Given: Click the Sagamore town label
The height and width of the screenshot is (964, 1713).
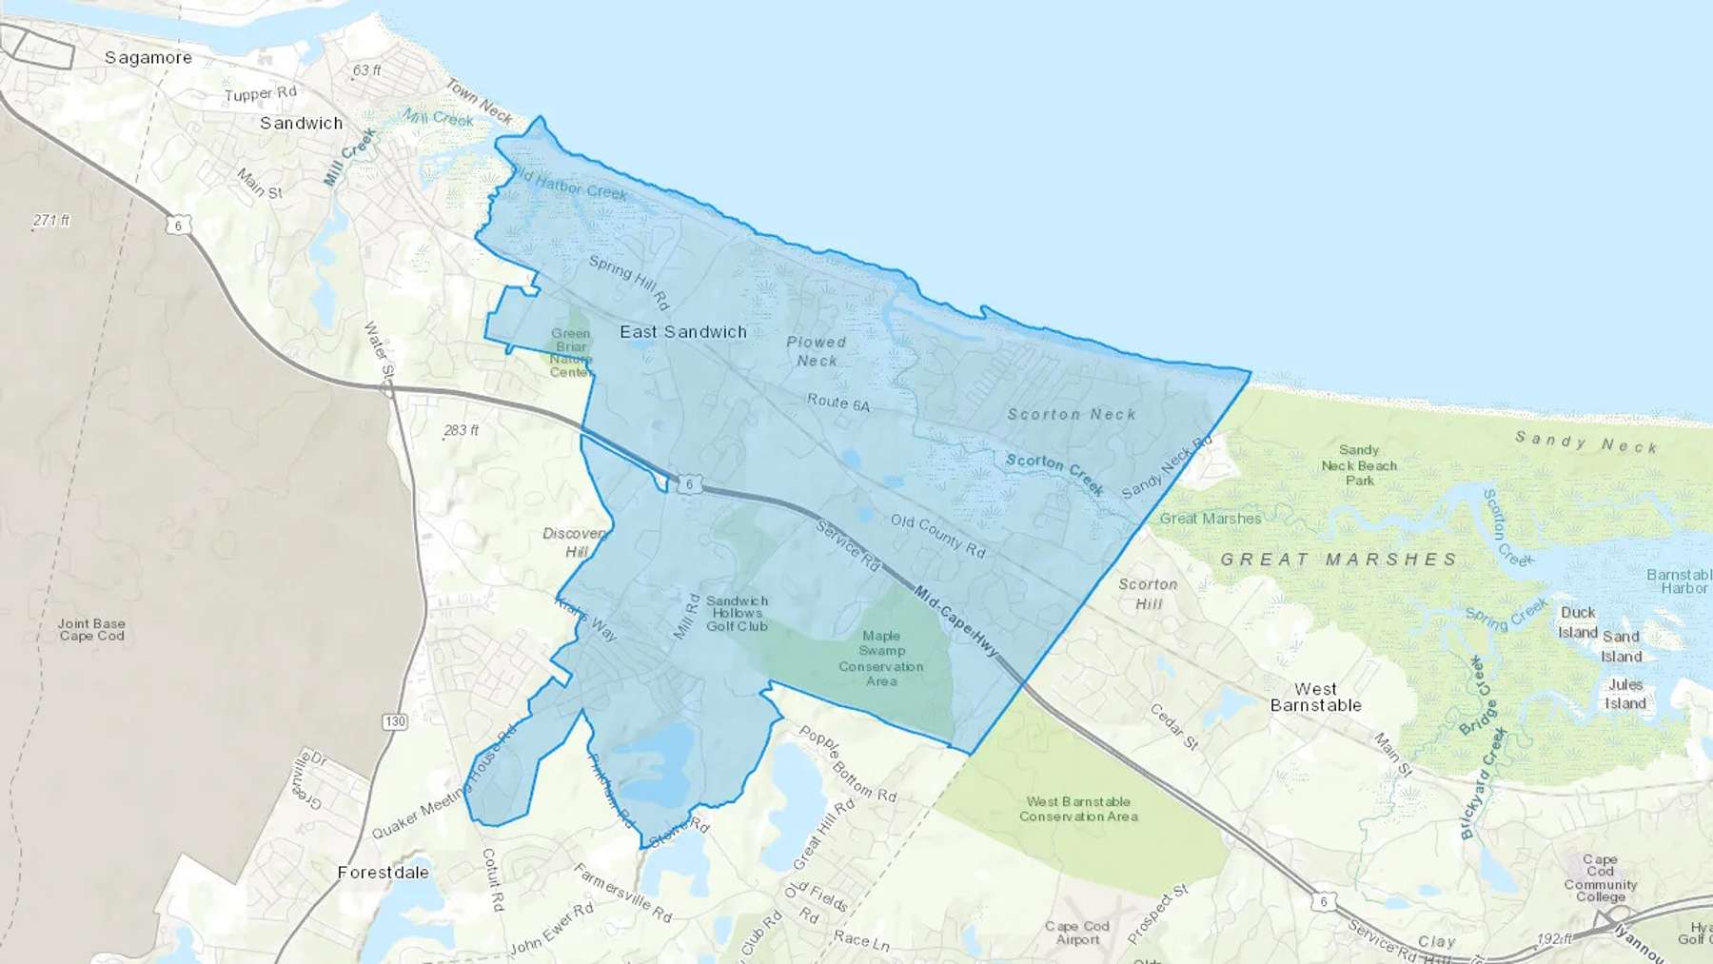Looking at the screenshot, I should (x=148, y=58).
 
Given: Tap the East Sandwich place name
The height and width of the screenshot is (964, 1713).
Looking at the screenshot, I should (x=683, y=332).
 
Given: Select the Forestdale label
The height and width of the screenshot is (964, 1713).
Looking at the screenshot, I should (x=383, y=873).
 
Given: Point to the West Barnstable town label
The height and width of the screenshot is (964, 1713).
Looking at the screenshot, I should (x=1315, y=697).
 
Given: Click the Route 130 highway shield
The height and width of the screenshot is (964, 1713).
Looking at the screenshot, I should (x=395, y=721).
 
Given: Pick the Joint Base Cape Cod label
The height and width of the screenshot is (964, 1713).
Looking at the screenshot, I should (x=91, y=630).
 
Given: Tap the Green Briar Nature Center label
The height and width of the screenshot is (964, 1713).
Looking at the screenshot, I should (x=571, y=352).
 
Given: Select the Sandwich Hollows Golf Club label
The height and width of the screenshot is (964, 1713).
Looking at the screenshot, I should (x=737, y=614).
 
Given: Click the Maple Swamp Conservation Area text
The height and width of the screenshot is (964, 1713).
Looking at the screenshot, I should (x=881, y=659).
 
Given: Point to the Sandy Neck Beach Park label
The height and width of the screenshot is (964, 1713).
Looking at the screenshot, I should (x=1359, y=465).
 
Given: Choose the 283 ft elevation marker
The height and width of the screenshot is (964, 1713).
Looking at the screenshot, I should (x=461, y=430).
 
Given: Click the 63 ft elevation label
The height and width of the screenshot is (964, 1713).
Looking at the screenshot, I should (x=366, y=70).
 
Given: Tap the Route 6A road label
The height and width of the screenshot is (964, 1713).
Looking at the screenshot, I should (x=838, y=403).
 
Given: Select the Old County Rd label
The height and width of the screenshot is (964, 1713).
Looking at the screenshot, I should (x=937, y=535).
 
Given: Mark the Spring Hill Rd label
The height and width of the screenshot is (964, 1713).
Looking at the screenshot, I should (x=629, y=282).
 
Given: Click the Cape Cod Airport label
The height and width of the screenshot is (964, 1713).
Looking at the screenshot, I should (x=1077, y=933).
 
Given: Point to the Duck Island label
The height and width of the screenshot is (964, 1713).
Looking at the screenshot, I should (x=1578, y=622).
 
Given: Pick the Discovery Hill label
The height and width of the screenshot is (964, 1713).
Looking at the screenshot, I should (x=576, y=542).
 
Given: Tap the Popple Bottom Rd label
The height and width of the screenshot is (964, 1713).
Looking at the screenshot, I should (x=847, y=762).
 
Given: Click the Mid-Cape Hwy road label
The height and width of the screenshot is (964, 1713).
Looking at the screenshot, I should (x=956, y=621).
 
